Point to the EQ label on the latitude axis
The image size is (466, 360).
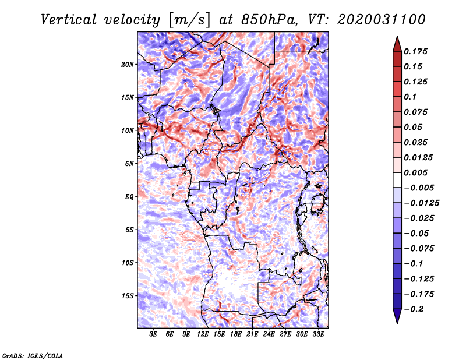pos(130,196)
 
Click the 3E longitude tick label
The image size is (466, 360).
pos(154,334)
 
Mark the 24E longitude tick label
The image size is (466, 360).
pos(269,334)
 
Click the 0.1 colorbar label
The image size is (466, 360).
pos(410,97)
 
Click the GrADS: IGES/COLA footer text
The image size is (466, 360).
pos(32,355)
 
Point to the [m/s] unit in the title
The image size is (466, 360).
pos(184,19)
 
